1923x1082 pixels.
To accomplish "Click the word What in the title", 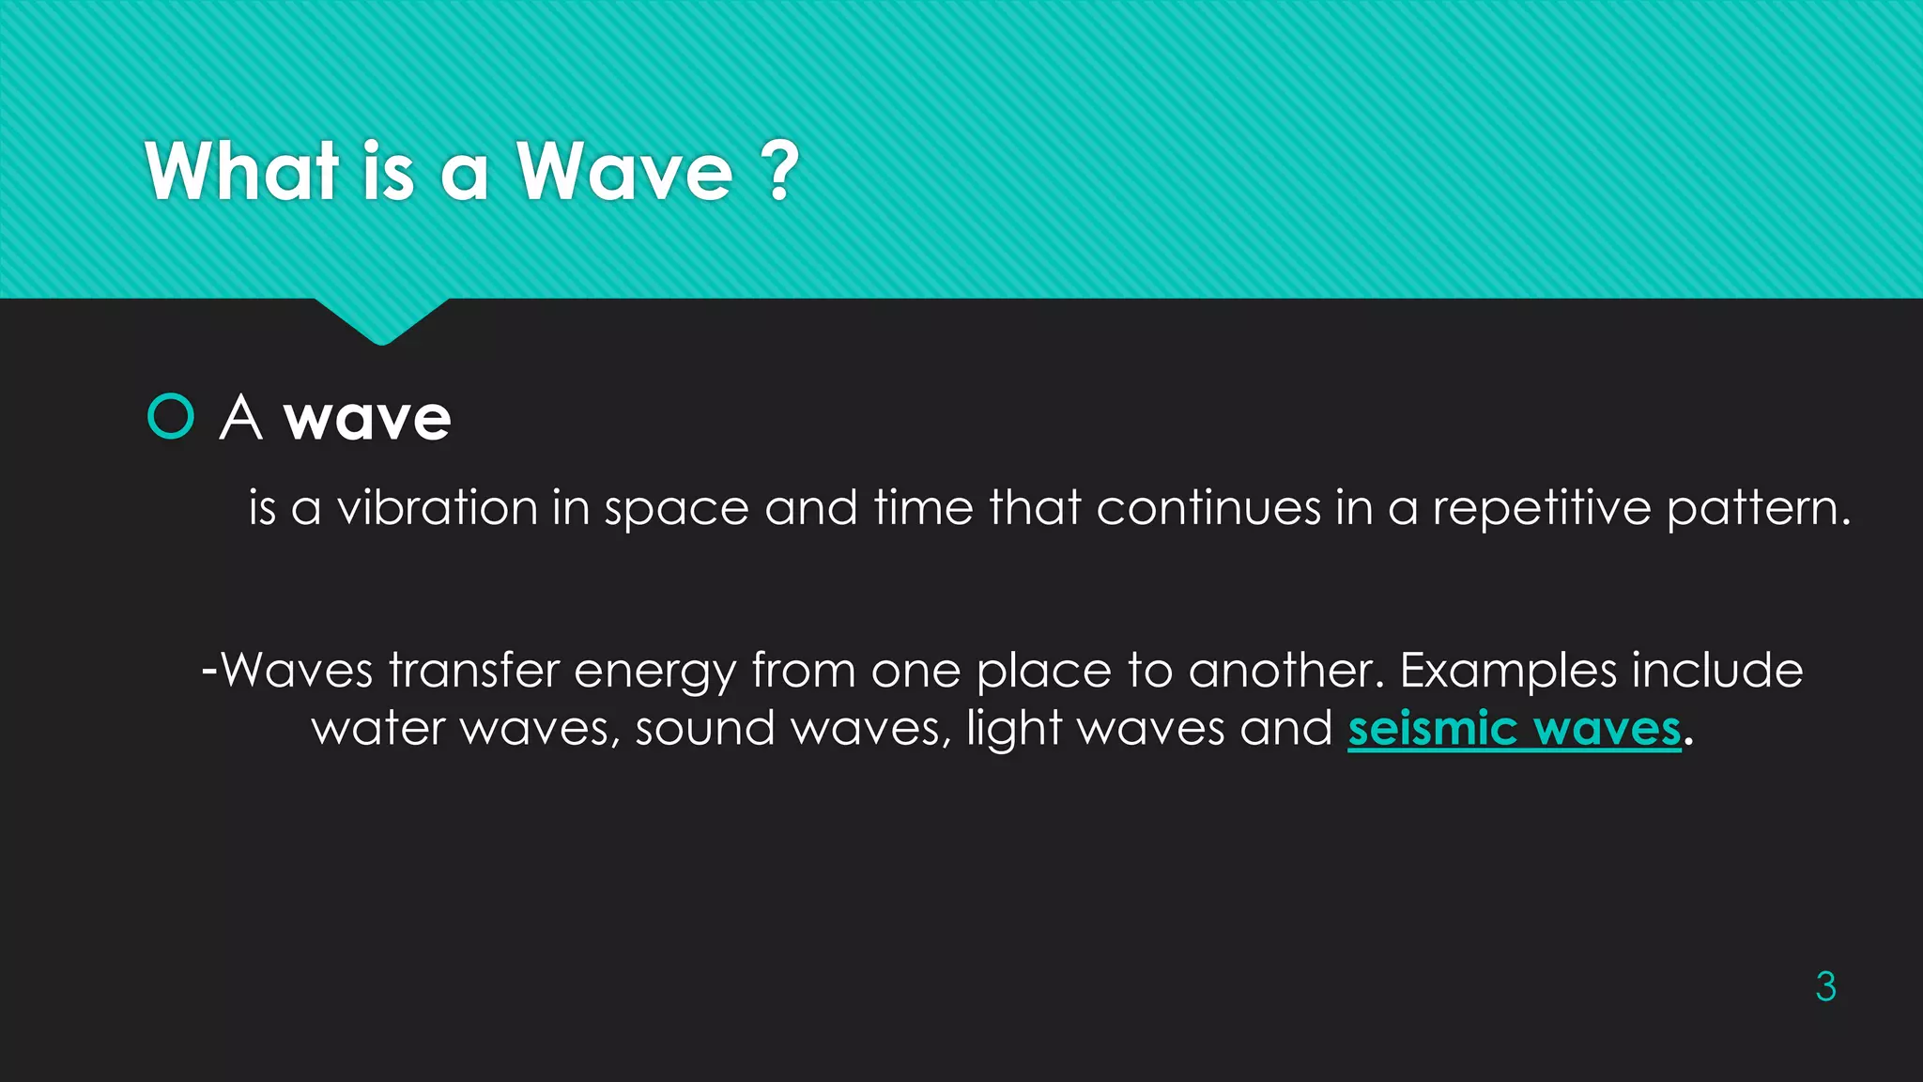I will tap(241, 172).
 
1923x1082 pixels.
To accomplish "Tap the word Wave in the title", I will tap(624, 172).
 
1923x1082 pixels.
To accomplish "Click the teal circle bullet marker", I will tap(171, 416).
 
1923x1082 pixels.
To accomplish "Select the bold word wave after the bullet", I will tap(367, 418).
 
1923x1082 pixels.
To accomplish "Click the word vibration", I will tap(438, 508).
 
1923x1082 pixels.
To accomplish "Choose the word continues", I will tap(1208, 508).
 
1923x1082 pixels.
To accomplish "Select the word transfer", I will tap(474, 671).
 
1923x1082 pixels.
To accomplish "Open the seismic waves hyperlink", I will tap(1514, 729).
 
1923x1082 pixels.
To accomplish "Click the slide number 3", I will tap(1825, 986).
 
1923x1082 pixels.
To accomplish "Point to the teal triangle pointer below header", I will tap(381, 319).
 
